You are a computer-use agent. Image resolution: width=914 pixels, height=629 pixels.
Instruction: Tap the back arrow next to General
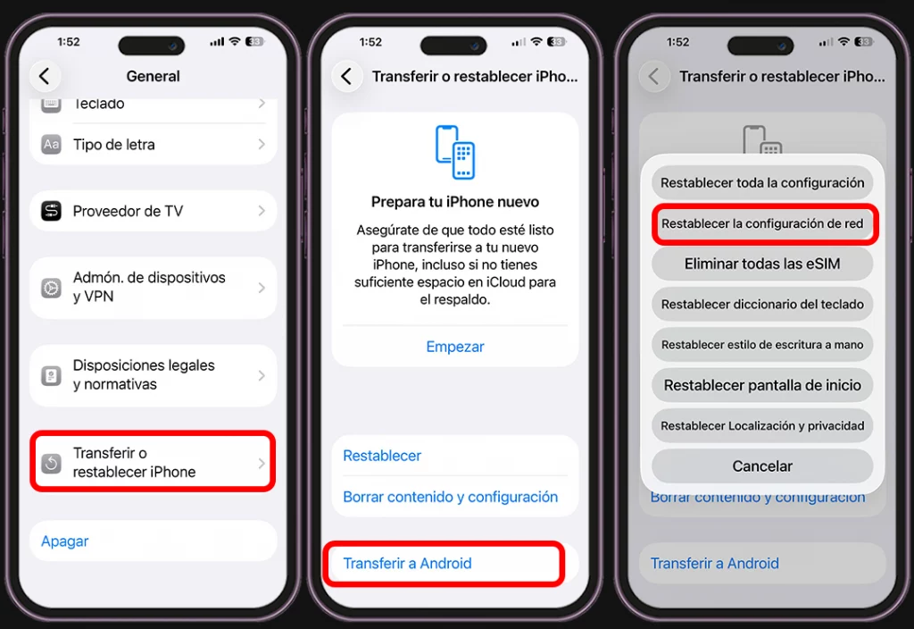point(45,76)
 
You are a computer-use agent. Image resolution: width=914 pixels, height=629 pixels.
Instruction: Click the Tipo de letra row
point(152,145)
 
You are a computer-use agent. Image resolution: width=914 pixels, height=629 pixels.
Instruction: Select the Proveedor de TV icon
point(52,212)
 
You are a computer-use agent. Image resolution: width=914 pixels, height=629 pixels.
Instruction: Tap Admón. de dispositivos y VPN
point(152,287)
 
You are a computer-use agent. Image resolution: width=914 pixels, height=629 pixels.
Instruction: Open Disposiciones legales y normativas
point(152,375)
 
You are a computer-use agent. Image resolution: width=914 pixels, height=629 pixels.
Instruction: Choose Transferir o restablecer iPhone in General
point(152,462)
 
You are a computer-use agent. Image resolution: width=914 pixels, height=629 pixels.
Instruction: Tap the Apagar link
point(65,541)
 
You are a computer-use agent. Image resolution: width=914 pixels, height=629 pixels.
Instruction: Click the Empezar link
point(455,347)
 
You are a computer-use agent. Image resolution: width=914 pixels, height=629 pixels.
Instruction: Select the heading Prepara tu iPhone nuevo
point(455,202)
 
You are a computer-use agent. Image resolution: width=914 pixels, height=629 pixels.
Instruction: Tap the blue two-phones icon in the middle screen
point(455,152)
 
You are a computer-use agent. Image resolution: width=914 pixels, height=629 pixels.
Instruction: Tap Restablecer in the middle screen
point(382,456)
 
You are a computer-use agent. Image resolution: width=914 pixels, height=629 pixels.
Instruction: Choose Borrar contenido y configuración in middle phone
point(451,497)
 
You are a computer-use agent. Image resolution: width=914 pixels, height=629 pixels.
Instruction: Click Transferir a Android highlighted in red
point(408,564)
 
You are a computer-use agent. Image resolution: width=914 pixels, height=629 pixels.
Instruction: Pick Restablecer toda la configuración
point(762,183)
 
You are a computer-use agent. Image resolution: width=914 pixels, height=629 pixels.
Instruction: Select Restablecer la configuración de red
point(762,223)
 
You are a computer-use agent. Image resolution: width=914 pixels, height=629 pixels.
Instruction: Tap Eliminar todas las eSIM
point(762,264)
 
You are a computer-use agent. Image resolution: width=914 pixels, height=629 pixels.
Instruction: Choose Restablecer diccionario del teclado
point(762,304)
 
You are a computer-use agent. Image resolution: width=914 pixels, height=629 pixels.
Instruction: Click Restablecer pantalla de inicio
point(762,385)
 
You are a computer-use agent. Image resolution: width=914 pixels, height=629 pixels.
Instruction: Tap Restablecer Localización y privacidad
point(762,425)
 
